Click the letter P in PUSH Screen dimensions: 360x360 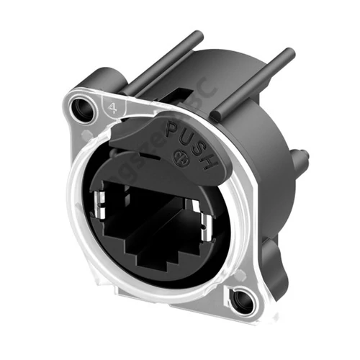tap(171, 131)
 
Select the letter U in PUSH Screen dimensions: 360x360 tap(185, 136)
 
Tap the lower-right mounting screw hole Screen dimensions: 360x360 tap(245, 302)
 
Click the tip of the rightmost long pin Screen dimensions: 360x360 tap(290, 53)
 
